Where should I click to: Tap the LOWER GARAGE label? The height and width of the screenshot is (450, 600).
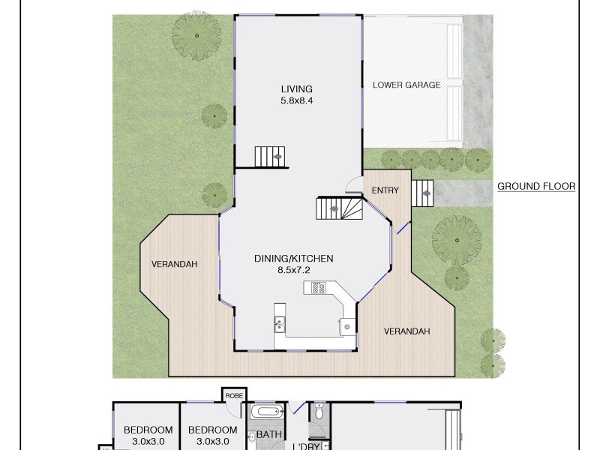tap(406, 85)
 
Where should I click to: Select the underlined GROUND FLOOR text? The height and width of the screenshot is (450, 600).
tap(536, 187)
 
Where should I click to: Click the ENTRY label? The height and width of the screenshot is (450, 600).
tap(385, 190)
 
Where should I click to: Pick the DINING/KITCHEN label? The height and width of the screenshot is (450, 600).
tap(293, 258)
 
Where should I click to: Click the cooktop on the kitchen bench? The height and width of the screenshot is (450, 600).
tap(316, 287)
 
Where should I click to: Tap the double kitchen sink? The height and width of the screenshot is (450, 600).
tap(279, 324)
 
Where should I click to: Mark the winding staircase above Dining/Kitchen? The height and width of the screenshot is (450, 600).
tap(338, 208)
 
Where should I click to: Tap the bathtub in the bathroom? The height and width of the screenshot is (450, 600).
tap(266, 412)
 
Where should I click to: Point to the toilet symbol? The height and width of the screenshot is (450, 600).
tap(319, 412)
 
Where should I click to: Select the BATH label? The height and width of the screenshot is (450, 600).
tap(268, 434)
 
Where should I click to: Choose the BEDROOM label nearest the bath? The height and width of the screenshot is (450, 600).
tap(213, 430)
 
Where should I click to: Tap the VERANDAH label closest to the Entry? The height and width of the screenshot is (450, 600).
tap(407, 331)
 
